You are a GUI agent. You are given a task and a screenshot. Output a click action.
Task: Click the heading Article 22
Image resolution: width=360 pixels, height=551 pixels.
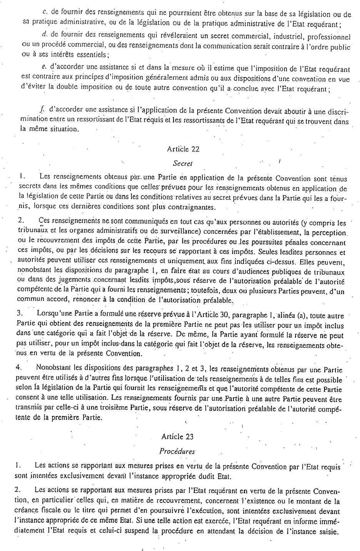(x=183, y=149)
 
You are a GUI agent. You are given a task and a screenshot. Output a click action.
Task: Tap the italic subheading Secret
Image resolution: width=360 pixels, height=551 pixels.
(x=183, y=163)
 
